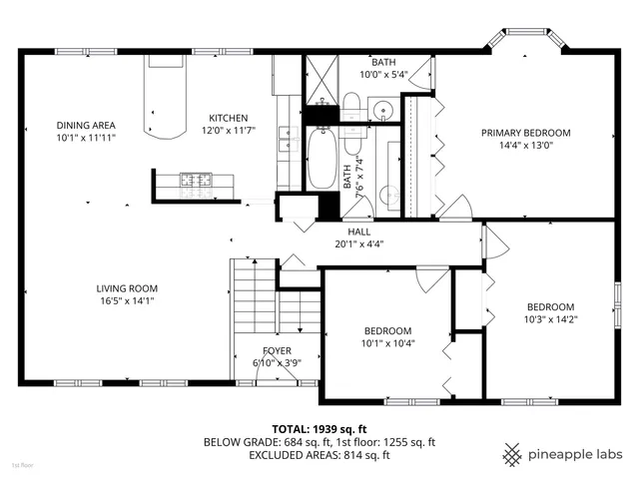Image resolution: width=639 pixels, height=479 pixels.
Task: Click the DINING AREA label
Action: [85, 125]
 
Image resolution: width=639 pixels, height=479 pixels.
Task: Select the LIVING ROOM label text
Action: [125, 287]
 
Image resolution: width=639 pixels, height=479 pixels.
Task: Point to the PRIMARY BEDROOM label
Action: [525, 133]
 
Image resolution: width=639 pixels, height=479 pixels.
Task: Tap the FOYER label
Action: [277, 350]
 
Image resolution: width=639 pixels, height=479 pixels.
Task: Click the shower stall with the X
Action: [321, 79]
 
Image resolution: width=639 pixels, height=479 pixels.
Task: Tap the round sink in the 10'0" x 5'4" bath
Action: [383, 109]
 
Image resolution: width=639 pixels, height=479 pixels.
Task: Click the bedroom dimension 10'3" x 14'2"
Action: [550, 319]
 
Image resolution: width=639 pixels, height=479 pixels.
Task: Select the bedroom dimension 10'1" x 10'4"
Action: [387, 343]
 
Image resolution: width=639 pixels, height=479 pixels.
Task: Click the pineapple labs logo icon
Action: [513, 455]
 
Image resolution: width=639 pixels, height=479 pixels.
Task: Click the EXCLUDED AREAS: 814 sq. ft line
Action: [319, 455]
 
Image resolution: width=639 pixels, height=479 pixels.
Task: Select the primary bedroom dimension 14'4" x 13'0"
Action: [525, 146]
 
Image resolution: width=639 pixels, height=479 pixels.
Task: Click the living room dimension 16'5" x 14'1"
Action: [125, 299]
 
